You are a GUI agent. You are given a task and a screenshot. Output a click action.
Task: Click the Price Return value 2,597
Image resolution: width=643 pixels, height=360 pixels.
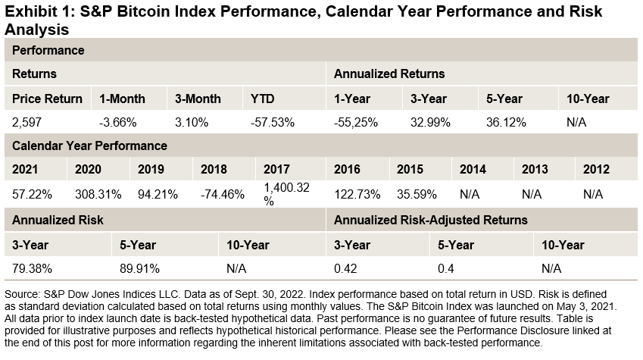[28, 122]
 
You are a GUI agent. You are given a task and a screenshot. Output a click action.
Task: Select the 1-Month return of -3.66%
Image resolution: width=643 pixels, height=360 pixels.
[117, 122]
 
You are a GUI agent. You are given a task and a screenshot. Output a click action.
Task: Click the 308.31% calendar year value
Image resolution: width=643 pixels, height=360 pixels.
[98, 194]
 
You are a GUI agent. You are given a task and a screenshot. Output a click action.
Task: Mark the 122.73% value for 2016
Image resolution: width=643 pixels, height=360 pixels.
[357, 194]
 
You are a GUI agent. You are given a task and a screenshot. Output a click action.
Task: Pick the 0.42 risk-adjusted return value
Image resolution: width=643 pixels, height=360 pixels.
[345, 268]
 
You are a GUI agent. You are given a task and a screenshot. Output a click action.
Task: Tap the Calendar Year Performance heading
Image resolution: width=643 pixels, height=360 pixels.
[90, 146]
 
